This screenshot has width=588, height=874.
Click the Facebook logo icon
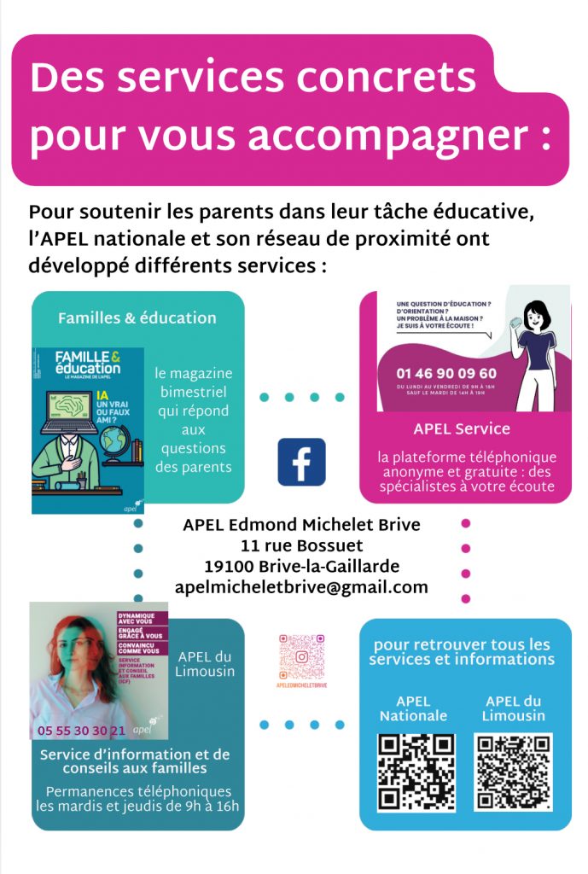(301, 462)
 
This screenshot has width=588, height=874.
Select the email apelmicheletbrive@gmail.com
(301, 587)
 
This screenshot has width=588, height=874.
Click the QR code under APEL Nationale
(416, 772)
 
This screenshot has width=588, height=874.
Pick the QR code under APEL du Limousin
(513, 772)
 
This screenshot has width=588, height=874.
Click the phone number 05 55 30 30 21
(82, 731)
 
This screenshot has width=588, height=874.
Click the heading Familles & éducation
(137, 318)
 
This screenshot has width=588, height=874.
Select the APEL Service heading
(462, 428)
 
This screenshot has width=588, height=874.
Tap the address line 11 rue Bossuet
(302, 545)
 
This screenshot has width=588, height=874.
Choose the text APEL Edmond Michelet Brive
(301, 524)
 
